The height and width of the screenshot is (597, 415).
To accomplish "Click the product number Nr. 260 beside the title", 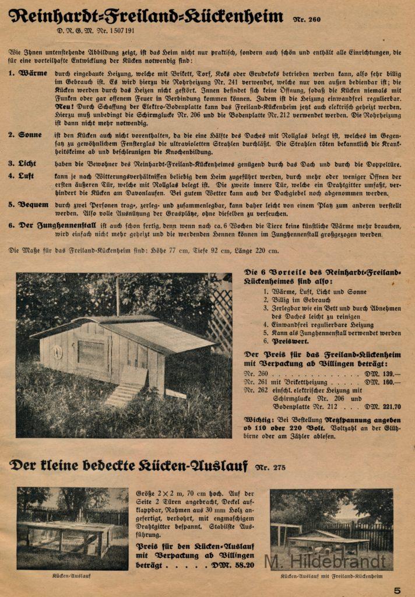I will [x=307, y=19].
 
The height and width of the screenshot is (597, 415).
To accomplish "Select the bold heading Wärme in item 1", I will [x=33, y=74].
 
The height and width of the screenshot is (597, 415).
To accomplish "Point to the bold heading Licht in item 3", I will [x=30, y=164].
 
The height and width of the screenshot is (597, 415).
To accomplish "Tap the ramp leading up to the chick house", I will [x=124, y=395].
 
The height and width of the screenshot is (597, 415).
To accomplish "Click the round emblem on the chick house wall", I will [x=58, y=352].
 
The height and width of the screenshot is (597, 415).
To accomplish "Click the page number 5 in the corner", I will [x=397, y=590].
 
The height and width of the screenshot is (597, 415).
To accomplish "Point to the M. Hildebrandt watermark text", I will [x=325, y=561].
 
